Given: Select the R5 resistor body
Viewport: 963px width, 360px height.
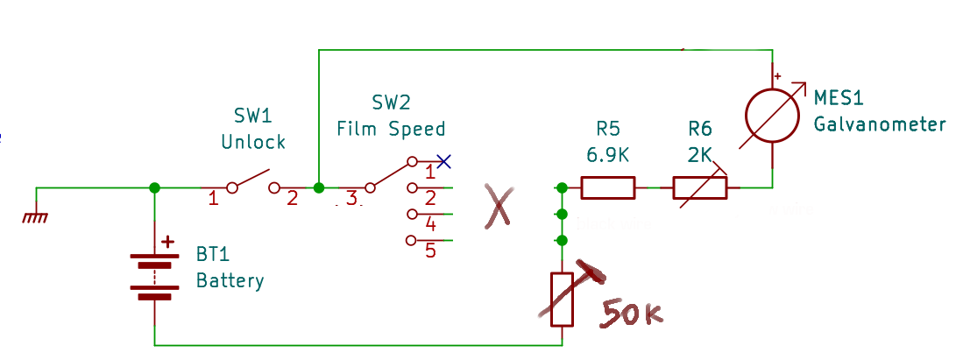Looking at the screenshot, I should [x=608, y=187].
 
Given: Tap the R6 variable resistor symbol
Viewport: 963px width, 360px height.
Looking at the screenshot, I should [x=699, y=187].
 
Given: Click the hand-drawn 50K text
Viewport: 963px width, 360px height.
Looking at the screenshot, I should [x=631, y=314].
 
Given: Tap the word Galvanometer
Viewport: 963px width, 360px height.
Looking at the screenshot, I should [x=880, y=124].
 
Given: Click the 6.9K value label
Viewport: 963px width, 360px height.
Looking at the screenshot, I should [x=608, y=155].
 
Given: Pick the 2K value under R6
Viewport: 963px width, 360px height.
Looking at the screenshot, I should [x=699, y=155].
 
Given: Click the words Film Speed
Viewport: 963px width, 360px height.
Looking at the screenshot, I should [x=392, y=130].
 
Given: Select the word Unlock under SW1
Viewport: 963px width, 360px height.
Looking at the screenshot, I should [x=253, y=142].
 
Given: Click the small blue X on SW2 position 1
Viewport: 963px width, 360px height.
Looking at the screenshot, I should [x=444, y=161].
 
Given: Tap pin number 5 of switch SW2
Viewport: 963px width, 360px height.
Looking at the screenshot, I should [x=430, y=251].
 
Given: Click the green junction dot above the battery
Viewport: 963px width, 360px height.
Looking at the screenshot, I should [x=154, y=187].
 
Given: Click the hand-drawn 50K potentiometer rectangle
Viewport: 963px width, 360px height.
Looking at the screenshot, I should [x=561, y=299].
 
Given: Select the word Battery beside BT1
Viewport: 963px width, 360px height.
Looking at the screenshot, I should [x=230, y=281].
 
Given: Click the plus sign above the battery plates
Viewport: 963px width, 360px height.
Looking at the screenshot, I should [x=168, y=244].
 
